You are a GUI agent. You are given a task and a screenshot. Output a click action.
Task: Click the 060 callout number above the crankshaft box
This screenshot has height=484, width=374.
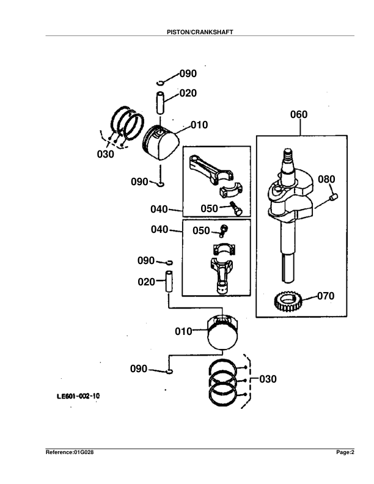tap(299, 114)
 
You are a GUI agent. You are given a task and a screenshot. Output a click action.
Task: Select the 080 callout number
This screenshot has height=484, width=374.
tap(327, 179)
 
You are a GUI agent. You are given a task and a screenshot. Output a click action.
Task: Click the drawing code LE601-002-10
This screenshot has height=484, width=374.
tap(78, 396)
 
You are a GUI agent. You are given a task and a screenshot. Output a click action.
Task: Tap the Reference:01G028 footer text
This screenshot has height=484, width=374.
tap(70, 452)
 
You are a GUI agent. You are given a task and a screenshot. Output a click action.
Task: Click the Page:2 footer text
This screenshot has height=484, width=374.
tap(345, 452)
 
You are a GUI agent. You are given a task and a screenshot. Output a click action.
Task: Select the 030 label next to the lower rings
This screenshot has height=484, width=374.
tap(268, 379)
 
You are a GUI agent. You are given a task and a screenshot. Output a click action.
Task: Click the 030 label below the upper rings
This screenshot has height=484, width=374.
tap(106, 155)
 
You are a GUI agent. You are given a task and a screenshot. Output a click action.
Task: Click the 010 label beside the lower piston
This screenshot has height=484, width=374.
tap(184, 332)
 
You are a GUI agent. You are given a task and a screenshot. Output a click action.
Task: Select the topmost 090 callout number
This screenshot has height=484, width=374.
tap(188, 74)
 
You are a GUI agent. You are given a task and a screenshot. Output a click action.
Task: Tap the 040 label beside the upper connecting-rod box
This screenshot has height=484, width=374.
tap(159, 210)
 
